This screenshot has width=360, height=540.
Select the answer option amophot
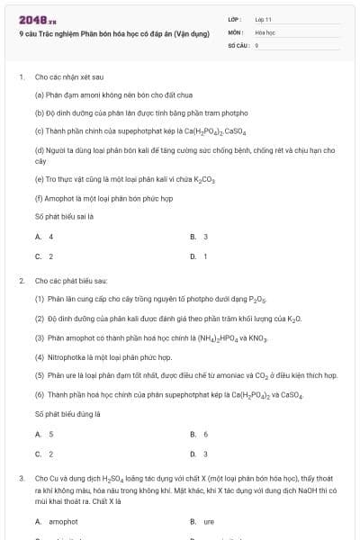(x=61, y=521)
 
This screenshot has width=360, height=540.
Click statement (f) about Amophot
(x=103, y=197)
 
